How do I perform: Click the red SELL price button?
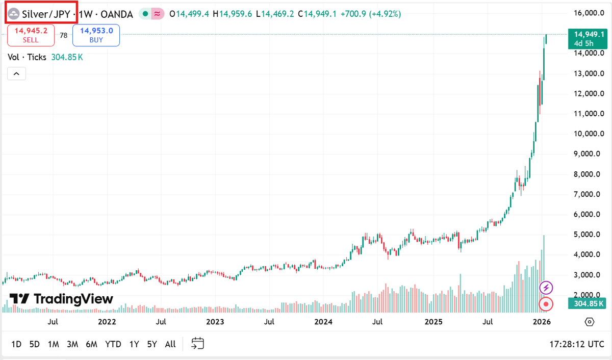click(31, 35)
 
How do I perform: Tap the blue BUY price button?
click(96, 35)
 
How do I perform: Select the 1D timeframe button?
click(16, 344)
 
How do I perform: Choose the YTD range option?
click(113, 344)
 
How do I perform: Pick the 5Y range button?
click(152, 344)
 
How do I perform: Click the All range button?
click(171, 344)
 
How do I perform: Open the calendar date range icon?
click(198, 344)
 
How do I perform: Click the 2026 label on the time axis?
click(541, 322)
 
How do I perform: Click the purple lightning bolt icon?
click(546, 288)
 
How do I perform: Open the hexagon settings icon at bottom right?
click(590, 322)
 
